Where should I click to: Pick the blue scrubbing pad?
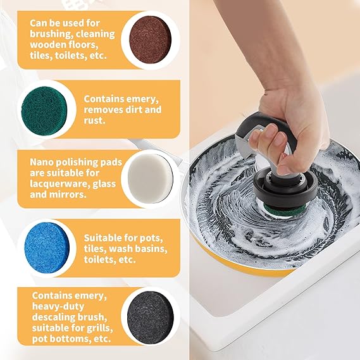click(x=47, y=248)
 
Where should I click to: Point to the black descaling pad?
click(x=151, y=318)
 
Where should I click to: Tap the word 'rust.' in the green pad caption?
click(x=94, y=121)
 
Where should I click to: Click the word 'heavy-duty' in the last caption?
click(x=58, y=306)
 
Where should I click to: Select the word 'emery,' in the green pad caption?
click(x=142, y=99)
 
